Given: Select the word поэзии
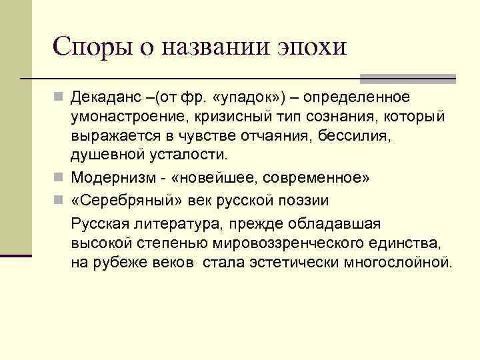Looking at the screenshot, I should click(x=304, y=200).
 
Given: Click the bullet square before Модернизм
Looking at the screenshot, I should click(x=60, y=178).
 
